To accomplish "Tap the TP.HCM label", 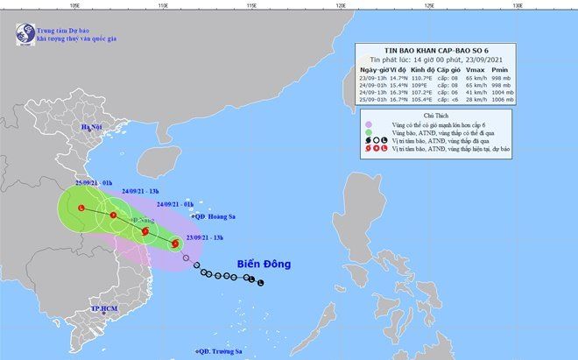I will pyautogui.click(x=80, y=310).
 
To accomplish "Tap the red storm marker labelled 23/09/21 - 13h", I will pyautogui.click(x=176, y=244).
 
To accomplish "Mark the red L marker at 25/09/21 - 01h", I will pyautogui.click(x=81, y=208).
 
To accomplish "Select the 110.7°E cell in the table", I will pyautogui.click(x=424, y=77).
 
